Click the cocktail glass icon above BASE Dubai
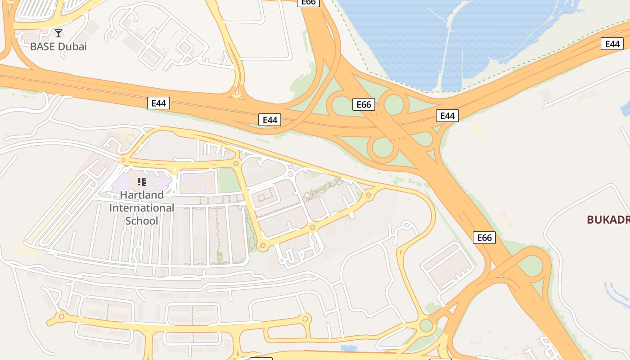pos(58,33)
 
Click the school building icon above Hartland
pos(142,182)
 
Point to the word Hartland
pos(142,195)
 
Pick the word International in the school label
pos(142,208)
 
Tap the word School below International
pos(142,221)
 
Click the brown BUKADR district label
pos(608,220)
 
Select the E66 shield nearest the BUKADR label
pos(484,238)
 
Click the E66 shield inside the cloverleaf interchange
pos(364,105)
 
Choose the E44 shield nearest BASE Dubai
pos(158,103)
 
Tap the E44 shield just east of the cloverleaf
pos(447,116)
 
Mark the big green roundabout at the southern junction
pos(426,325)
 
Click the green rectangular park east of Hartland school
pos(229,180)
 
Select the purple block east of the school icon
pos(197,182)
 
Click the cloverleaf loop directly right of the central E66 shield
pos(394,103)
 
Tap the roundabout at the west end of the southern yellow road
pos(62,317)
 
